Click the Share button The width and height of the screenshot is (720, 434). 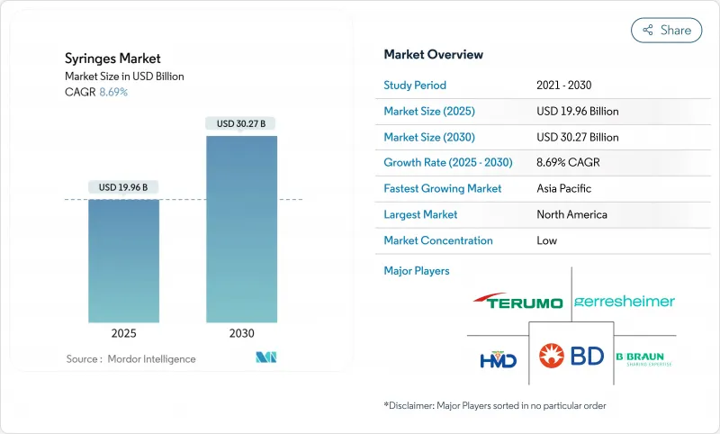667,30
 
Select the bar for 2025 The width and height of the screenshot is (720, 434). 123,261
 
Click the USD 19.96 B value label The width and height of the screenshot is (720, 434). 124,187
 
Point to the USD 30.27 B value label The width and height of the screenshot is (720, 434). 241,123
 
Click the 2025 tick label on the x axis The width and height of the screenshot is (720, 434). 124,333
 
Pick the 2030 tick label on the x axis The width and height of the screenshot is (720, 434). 241,333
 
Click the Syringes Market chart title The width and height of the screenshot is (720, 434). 113,59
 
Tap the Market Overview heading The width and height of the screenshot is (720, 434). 434,55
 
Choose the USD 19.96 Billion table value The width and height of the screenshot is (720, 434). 577,112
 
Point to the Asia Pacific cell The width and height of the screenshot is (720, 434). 564,189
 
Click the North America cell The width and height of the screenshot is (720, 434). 571,215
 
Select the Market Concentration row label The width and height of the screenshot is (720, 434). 438,241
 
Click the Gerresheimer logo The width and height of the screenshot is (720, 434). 625,302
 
